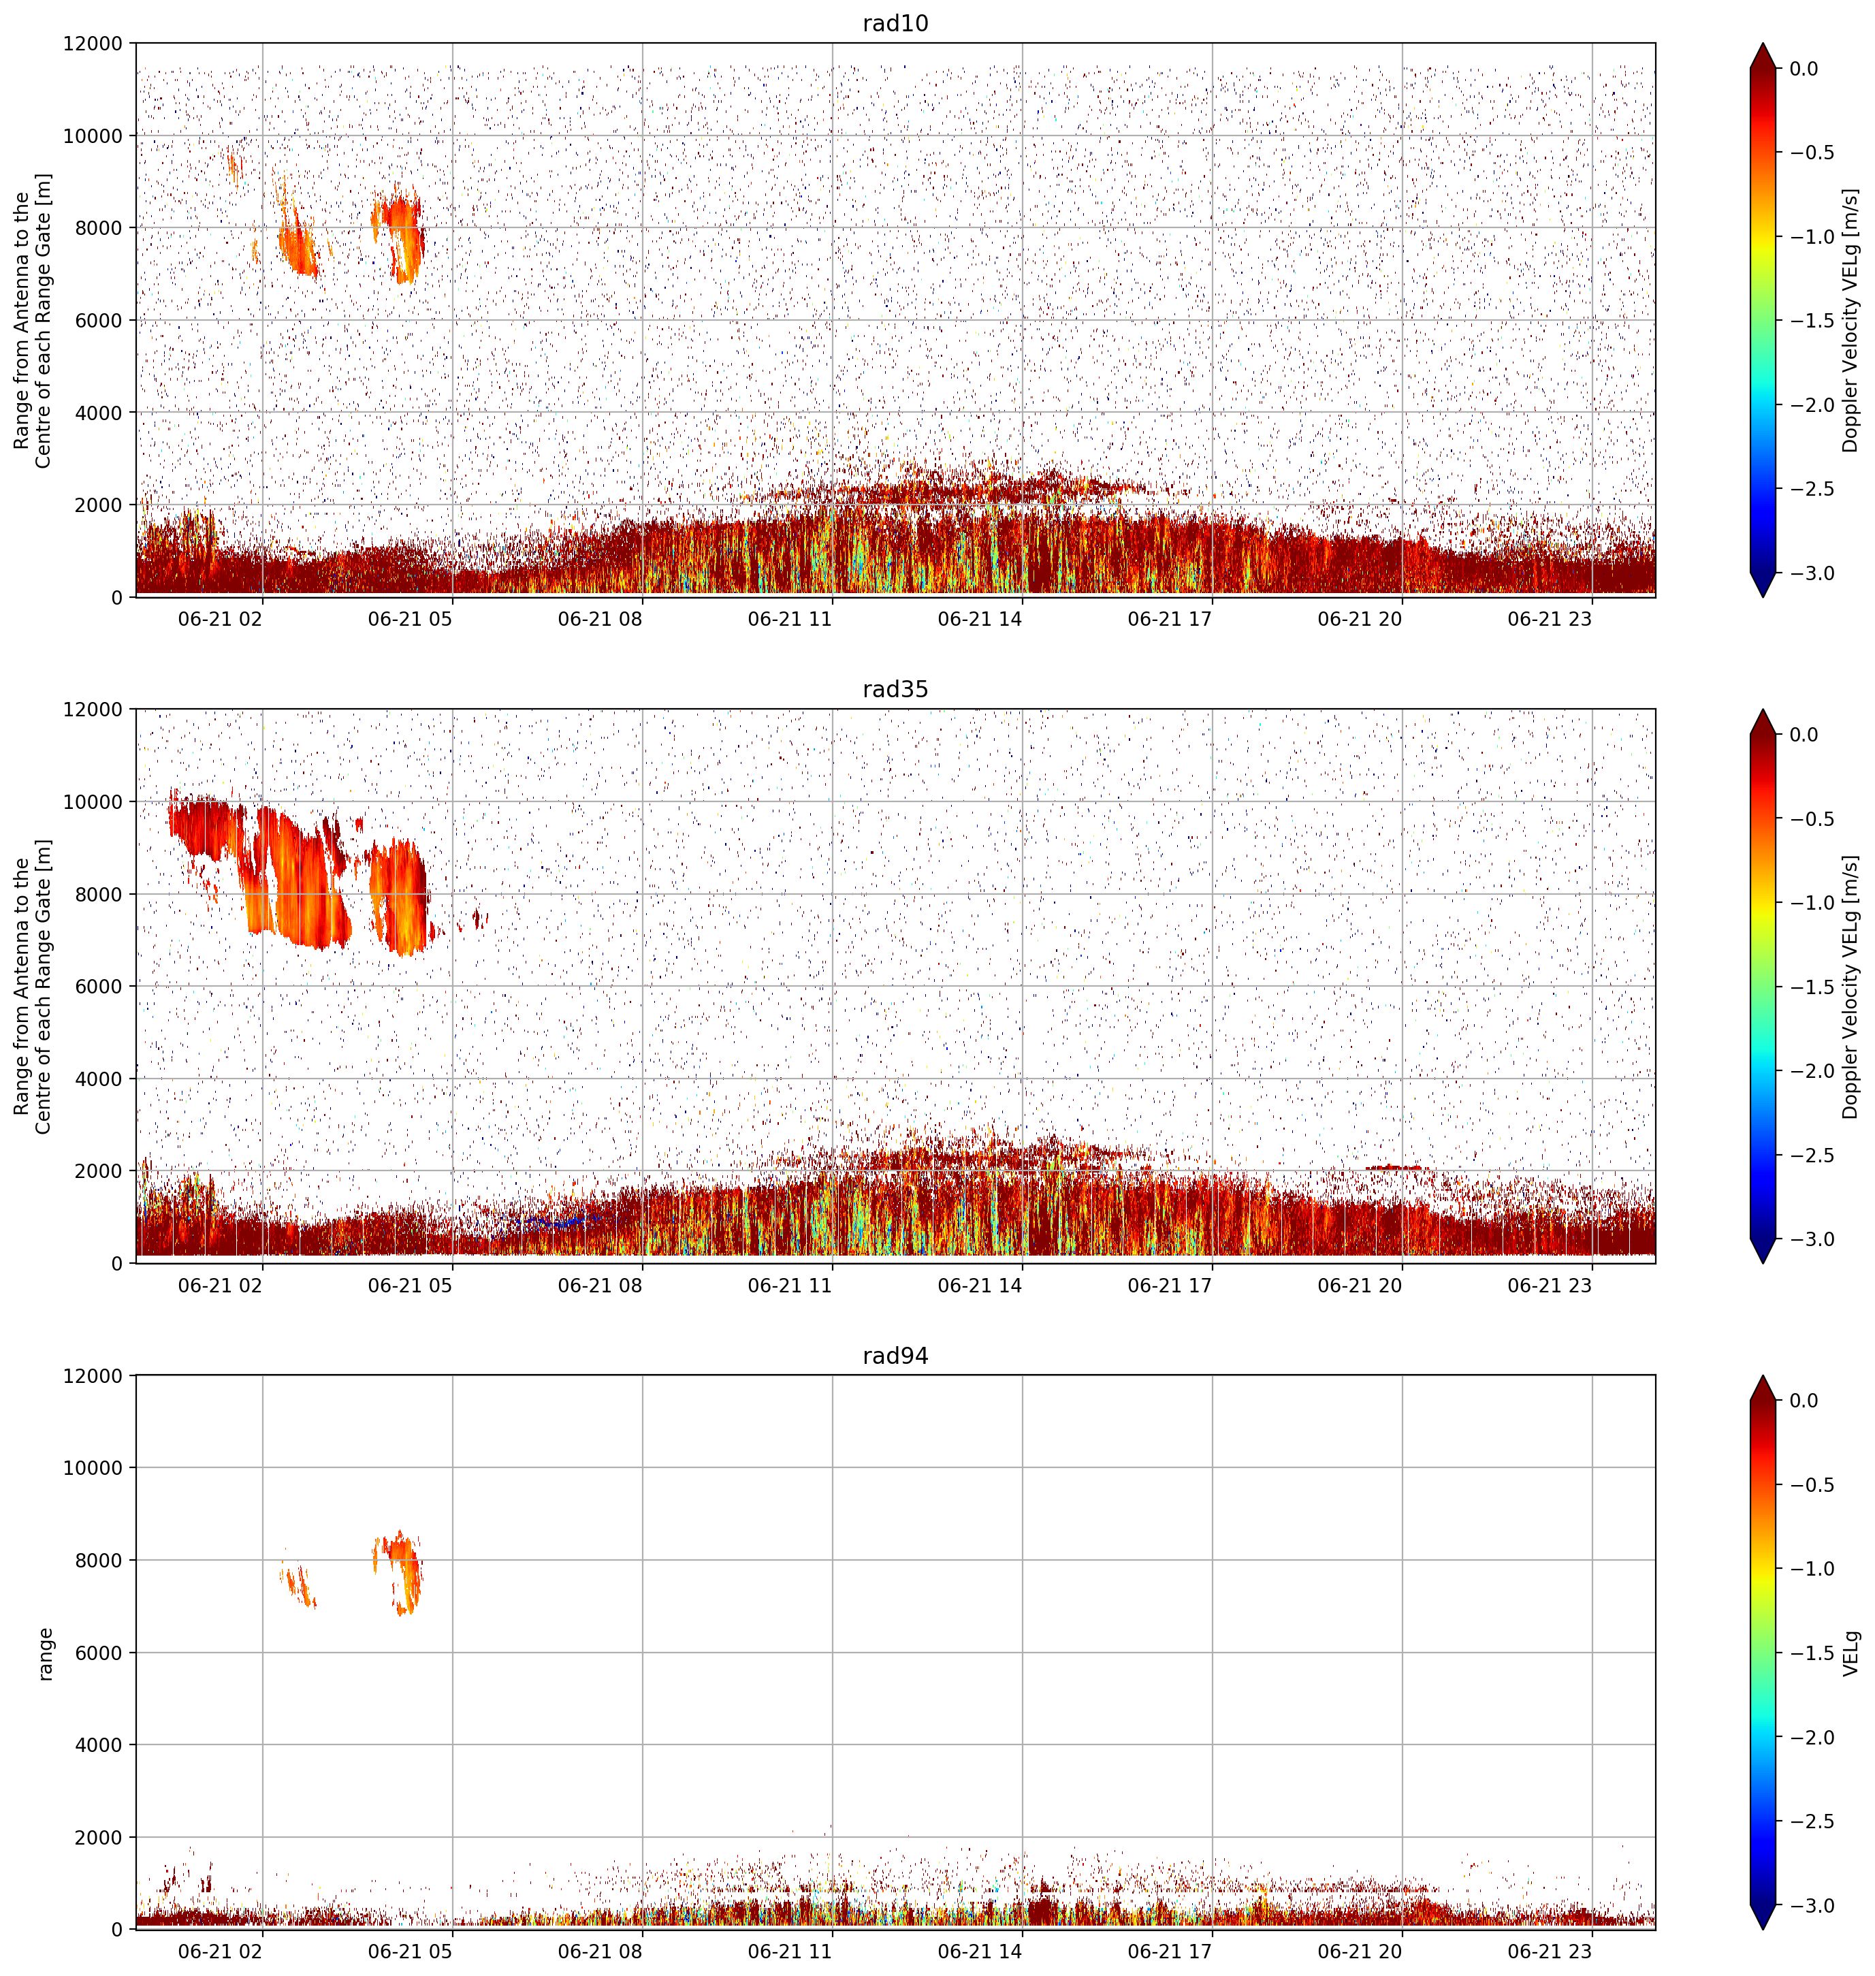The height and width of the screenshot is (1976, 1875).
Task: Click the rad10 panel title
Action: click(x=895, y=23)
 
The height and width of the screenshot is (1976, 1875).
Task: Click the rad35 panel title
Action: click(x=895, y=688)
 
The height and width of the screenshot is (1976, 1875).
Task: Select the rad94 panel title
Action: click(x=895, y=1355)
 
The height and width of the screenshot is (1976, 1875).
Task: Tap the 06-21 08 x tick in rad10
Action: click(x=600, y=619)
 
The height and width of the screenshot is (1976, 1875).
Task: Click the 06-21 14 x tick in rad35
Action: click(x=980, y=1286)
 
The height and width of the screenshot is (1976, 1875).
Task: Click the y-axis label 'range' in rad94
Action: click(x=45, y=1653)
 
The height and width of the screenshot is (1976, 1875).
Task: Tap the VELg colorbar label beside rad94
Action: click(x=1851, y=1653)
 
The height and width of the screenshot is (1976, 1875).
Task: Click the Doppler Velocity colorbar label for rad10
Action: click(x=1851, y=320)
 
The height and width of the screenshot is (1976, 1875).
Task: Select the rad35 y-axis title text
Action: click(x=33, y=987)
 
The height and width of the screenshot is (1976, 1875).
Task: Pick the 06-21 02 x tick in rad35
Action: click(x=220, y=1286)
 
